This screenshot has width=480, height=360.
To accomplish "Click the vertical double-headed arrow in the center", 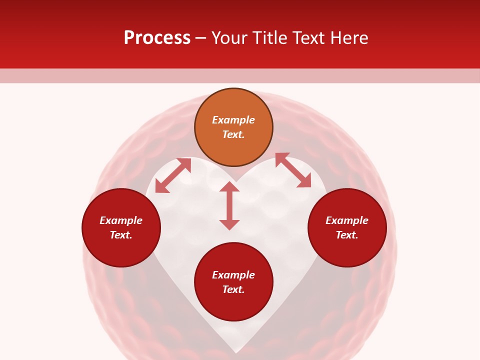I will (229, 205).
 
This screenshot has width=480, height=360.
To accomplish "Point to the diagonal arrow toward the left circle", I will (173, 175).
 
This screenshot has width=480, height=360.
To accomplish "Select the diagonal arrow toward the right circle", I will (293, 170).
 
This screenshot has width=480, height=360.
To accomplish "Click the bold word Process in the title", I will (157, 38).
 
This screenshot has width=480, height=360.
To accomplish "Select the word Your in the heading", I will (229, 38).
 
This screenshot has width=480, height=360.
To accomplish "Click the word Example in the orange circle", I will (233, 120).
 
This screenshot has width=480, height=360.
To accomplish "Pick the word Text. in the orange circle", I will (233, 134).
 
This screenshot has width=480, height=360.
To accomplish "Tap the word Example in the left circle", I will (121, 220).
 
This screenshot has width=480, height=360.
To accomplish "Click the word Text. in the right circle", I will (347, 235).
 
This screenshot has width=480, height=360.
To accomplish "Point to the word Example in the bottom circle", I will (233, 275).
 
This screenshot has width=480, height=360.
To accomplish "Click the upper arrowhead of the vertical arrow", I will (229, 187).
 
